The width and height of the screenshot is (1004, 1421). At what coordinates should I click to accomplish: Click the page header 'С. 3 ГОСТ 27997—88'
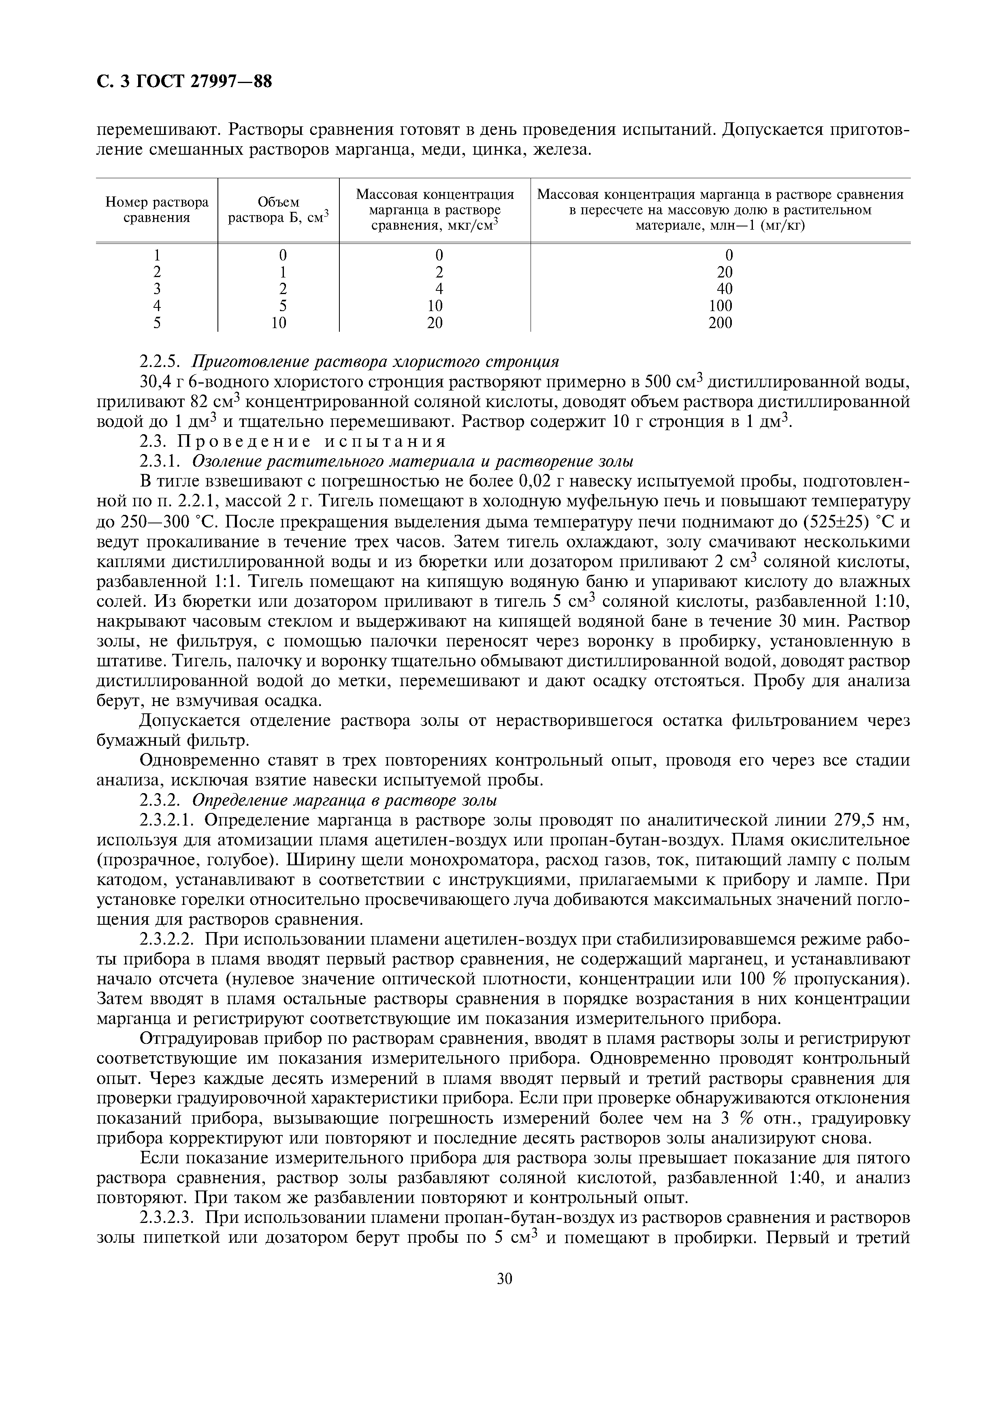tap(184, 82)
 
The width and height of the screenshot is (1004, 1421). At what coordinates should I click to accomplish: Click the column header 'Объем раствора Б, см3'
tap(278, 210)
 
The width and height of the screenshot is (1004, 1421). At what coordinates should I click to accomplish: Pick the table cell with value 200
tap(720, 322)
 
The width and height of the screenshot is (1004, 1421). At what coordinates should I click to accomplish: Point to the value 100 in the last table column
tap(720, 306)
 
